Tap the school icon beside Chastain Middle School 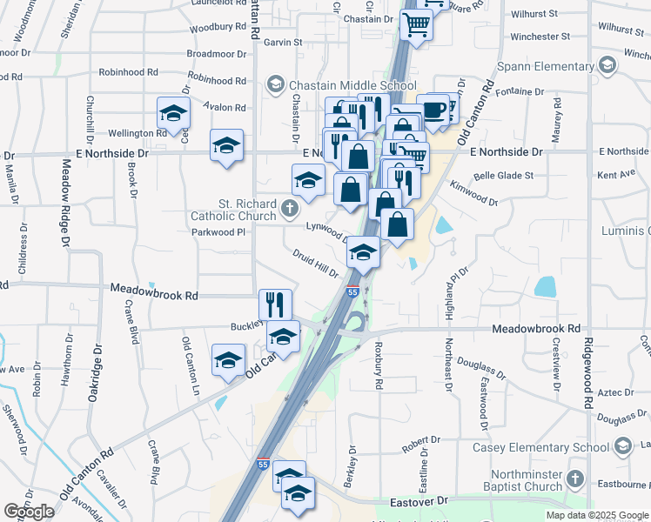(x=276, y=84)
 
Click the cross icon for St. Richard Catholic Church (x=290, y=210)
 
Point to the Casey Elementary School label (x=540, y=447)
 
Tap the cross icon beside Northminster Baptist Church (x=573, y=479)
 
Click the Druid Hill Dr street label (x=315, y=263)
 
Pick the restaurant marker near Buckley (x=275, y=304)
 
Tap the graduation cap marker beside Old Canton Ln (x=228, y=360)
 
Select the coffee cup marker (x=433, y=110)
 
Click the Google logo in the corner (x=28, y=512)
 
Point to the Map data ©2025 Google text (x=596, y=515)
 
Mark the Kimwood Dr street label (x=473, y=193)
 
